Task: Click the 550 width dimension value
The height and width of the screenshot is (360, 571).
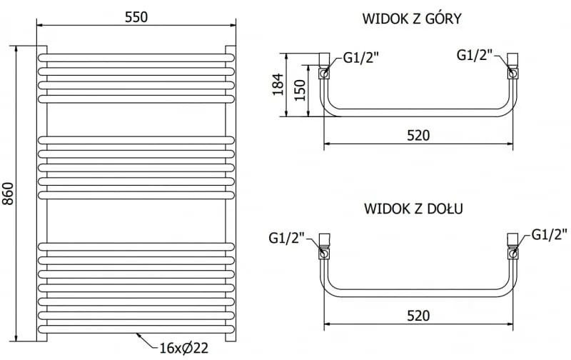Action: click(136, 17)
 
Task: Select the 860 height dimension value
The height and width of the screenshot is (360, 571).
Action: click(9, 192)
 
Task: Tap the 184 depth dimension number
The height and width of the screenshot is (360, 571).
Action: click(278, 86)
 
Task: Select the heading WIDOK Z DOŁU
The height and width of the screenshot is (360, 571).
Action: click(414, 209)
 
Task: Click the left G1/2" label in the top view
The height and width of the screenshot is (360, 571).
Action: click(360, 59)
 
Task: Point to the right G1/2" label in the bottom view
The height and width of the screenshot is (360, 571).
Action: click(550, 234)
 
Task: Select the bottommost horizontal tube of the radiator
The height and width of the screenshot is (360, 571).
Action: click(136, 329)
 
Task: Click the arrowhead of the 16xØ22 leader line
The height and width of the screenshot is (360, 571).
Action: click(136, 334)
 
